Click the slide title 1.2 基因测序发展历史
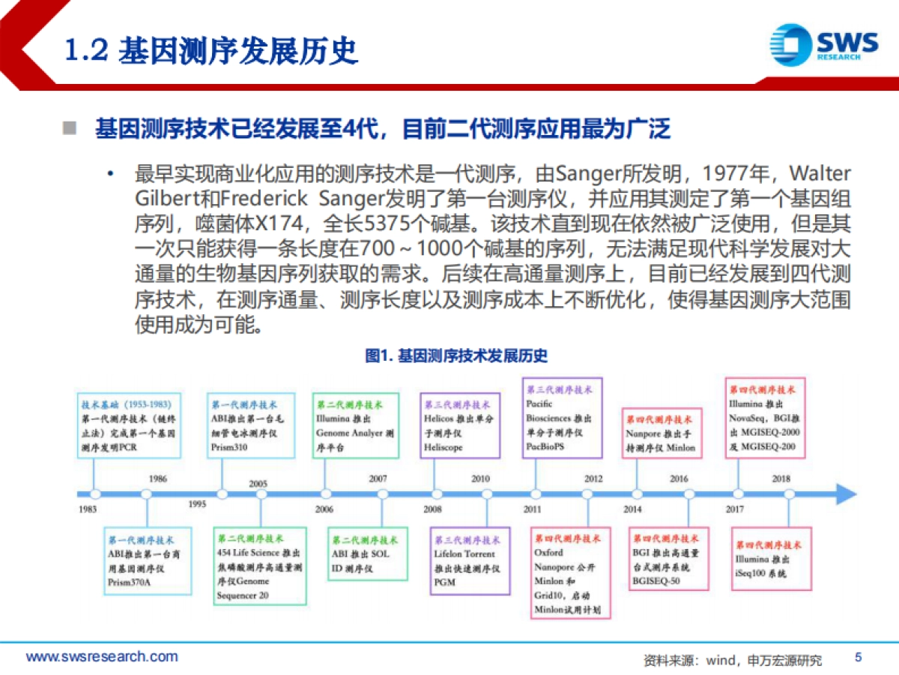(211, 50)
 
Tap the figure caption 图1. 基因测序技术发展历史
(456, 355)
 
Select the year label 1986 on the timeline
(157, 478)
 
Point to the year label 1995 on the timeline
(197, 504)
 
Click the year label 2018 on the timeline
(781, 478)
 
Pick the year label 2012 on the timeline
(593, 478)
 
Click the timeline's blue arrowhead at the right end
(847, 493)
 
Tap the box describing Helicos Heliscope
(460, 425)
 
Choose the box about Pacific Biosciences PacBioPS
(562, 418)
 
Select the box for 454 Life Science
(260, 566)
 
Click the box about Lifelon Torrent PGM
(470, 561)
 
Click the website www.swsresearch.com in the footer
(102, 657)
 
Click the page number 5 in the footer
(859, 657)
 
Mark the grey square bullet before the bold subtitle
(70, 128)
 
